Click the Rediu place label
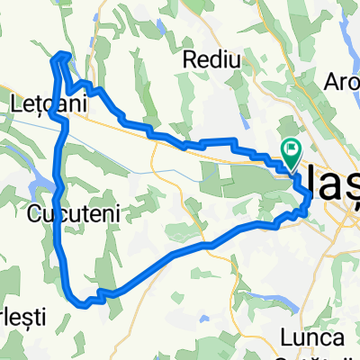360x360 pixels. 212,60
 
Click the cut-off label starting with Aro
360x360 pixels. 345,81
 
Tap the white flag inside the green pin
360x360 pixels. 292,149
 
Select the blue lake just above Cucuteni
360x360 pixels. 40,185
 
